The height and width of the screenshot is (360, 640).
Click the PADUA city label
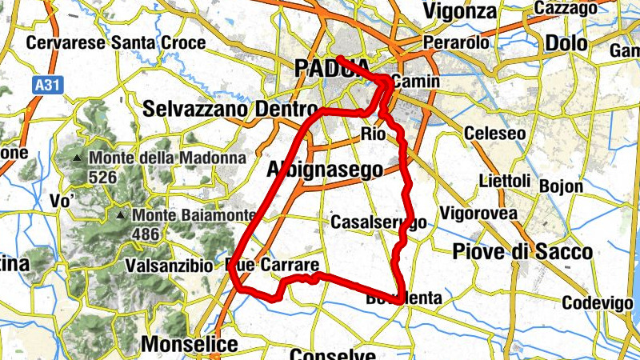(x=331, y=69)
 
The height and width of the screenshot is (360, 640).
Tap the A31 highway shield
(x=48, y=82)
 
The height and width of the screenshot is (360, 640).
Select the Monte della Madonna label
(x=167, y=158)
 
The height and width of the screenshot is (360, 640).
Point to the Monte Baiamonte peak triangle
(x=121, y=216)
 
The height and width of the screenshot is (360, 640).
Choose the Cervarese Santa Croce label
(x=116, y=42)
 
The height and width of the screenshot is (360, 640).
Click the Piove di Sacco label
(x=522, y=252)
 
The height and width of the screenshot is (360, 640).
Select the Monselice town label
(x=190, y=345)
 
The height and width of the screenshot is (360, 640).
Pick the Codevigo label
(x=598, y=303)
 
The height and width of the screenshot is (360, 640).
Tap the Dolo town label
(x=566, y=42)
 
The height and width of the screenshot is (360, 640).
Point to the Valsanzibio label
(x=169, y=265)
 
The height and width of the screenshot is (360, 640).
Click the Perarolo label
(x=456, y=41)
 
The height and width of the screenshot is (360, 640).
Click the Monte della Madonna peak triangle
(x=78, y=158)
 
